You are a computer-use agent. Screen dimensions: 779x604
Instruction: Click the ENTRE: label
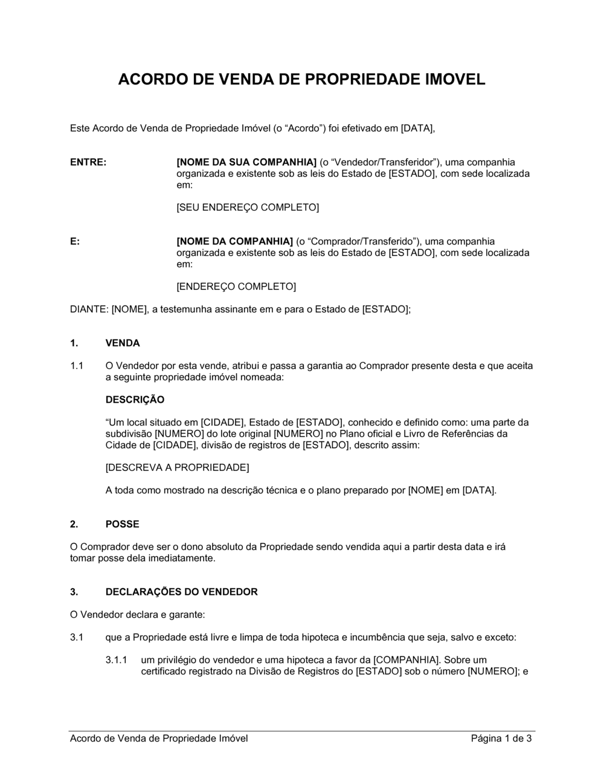88,162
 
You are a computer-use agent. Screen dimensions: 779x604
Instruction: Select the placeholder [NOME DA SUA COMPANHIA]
246,162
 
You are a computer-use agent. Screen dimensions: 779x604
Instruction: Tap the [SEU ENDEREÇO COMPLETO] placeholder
248,208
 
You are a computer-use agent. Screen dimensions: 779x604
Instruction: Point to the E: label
75,242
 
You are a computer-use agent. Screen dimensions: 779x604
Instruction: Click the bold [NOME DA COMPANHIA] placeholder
234,242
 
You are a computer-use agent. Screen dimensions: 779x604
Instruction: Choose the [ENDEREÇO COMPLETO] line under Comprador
236,287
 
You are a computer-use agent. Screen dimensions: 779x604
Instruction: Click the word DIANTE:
89,310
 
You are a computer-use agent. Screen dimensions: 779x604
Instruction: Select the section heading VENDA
123,344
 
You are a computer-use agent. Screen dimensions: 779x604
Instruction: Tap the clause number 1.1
77,366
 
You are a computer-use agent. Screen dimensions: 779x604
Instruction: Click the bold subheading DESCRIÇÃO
135,400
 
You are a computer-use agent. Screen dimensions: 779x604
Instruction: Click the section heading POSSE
122,524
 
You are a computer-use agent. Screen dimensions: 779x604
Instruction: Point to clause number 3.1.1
116,660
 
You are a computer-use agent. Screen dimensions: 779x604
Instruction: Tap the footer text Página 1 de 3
501,739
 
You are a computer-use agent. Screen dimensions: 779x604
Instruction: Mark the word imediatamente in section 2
184,559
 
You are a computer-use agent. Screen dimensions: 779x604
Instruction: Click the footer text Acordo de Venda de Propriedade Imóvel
159,739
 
